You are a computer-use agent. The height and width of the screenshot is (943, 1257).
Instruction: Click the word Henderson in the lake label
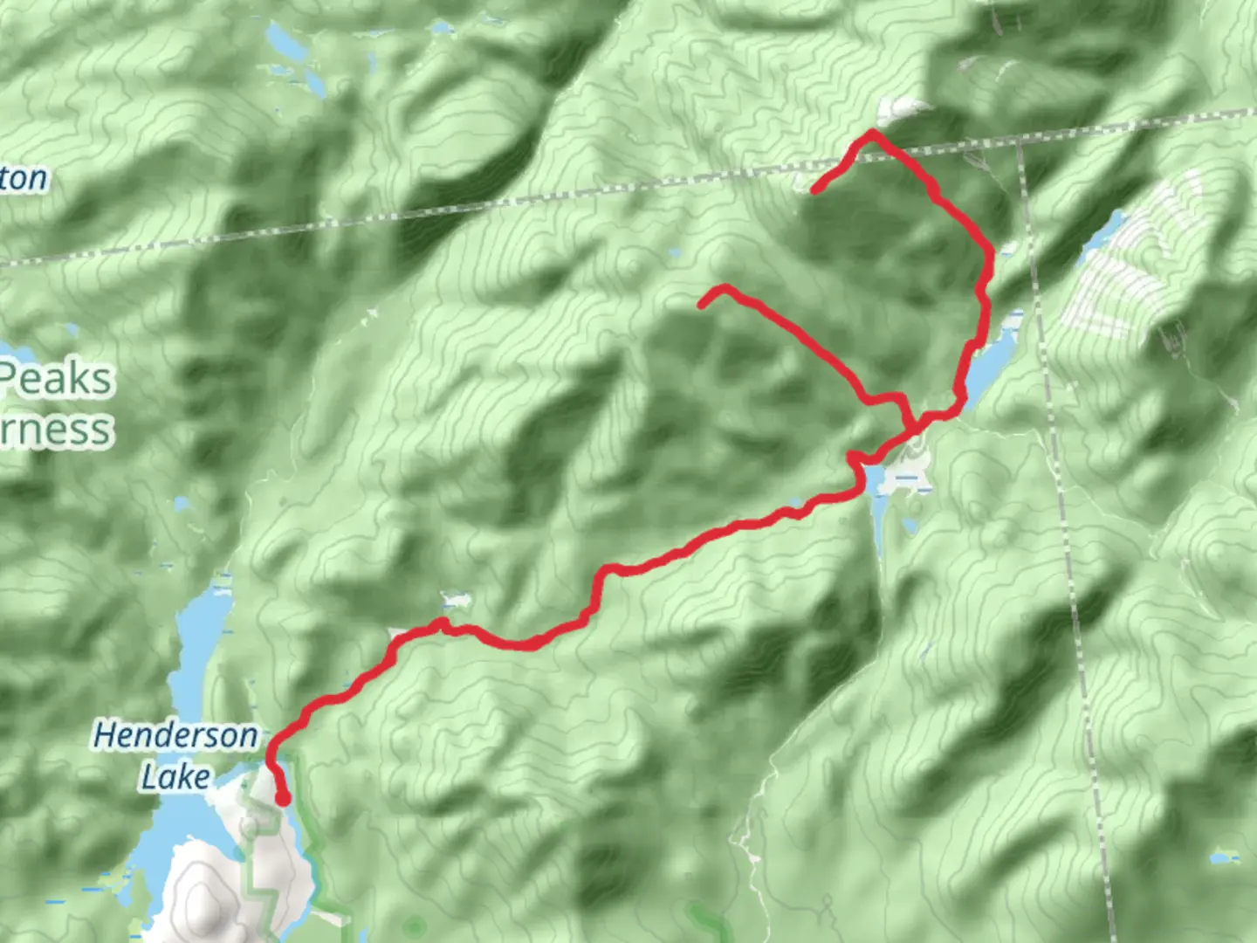(175, 735)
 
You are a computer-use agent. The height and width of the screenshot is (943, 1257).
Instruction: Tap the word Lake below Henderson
(175, 776)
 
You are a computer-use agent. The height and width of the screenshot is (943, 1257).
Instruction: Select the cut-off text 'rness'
(56, 430)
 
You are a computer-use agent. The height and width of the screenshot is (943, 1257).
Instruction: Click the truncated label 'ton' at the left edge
(24, 179)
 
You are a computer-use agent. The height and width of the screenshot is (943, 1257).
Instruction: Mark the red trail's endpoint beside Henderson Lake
(283, 798)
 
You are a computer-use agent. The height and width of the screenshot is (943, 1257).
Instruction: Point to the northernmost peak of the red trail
(871, 133)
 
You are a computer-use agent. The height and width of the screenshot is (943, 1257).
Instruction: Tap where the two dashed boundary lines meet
(1019, 140)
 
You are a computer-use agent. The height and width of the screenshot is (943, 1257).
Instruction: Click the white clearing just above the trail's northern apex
(899, 110)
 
